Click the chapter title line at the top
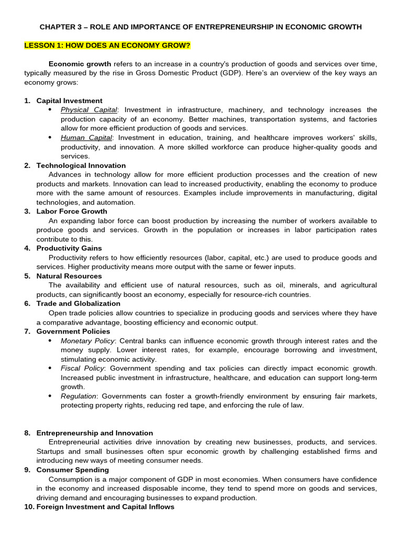tap(200, 27)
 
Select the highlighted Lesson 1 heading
tap(107, 46)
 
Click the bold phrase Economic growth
tap(80, 64)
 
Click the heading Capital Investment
tap(69, 100)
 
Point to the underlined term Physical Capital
tap(89, 110)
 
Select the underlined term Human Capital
tap(86, 138)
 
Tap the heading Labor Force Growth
tap(72, 211)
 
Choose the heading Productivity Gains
tap(69, 248)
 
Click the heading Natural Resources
tap(69, 276)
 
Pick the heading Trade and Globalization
tap(78, 304)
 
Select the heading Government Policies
tap(73, 331)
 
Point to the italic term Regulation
tap(79, 396)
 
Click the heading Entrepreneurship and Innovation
tap(95, 433)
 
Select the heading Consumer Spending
tap(73, 470)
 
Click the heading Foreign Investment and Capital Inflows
tap(105, 507)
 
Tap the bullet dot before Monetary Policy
tap(50, 341)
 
